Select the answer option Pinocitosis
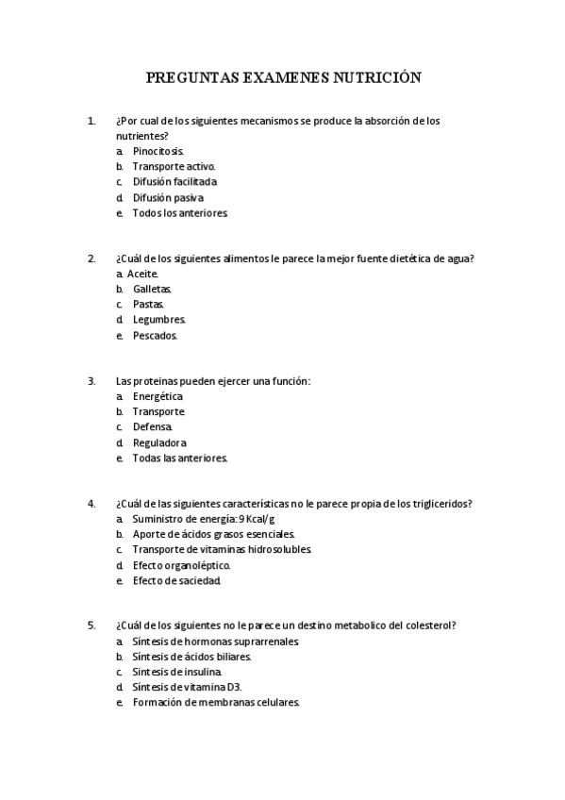coord(158,151)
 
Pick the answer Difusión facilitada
coord(174,181)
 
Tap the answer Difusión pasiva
coord(167,197)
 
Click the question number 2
coord(91,258)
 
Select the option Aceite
coord(142,274)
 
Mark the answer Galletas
coord(152,289)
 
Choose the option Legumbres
coord(158,320)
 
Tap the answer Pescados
coord(155,335)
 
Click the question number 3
coord(91,381)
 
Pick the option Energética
coord(158,396)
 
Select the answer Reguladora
coord(159,442)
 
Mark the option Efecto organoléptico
coord(181,565)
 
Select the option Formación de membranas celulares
coord(216,703)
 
